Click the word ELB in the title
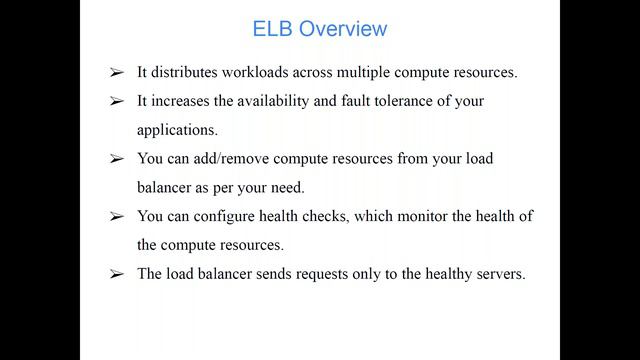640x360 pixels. [270, 29]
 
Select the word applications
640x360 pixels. [176, 131]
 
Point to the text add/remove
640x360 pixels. [232, 159]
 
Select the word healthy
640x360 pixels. [441, 273]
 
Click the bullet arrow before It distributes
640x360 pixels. [117, 74]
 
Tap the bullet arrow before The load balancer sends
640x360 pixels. [117, 274]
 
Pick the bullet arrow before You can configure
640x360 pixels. [117, 217]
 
